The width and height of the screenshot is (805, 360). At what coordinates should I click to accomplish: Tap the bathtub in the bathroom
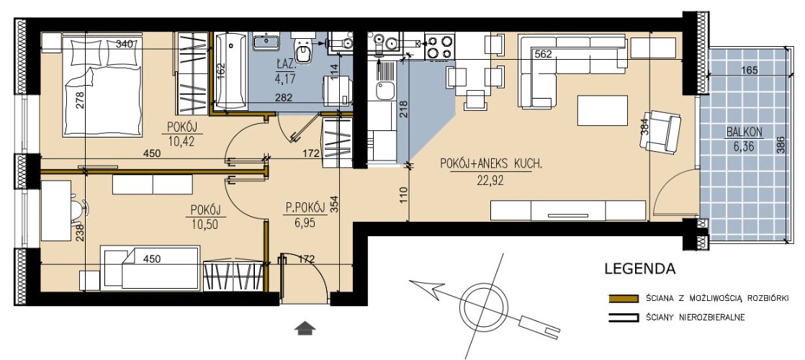tap(230, 71)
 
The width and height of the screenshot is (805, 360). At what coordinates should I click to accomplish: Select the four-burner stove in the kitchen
tap(440, 46)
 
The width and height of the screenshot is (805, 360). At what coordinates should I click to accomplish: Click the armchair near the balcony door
tap(661, 132)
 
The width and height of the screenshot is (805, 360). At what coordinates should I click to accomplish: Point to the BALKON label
tap(744, 132)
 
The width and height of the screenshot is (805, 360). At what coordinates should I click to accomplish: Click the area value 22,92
tap(491, 180)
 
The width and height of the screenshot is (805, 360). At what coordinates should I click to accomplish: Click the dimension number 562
tap(543, 54)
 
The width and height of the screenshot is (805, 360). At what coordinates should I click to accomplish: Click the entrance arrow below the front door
tap(305, 328)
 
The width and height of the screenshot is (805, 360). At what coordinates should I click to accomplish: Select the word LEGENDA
tap(639, 269)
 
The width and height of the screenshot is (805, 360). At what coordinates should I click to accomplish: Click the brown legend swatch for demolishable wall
tap(624, 298)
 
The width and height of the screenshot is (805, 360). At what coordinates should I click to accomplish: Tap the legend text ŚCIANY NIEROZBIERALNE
tap(696, 318)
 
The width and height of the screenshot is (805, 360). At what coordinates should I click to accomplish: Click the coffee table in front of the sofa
tap(602, 110)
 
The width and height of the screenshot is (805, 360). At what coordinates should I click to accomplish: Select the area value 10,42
tap(181, 141)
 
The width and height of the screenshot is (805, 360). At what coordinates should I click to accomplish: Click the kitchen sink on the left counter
tap(384, 91)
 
